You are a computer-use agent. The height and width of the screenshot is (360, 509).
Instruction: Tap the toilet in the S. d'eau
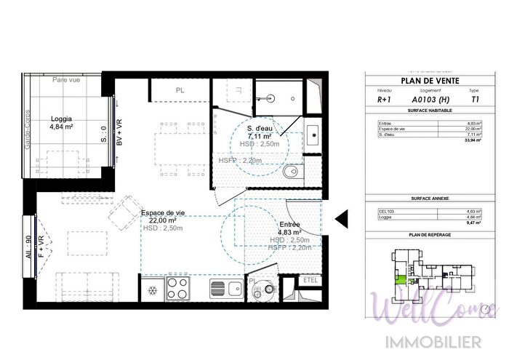click(292, 172)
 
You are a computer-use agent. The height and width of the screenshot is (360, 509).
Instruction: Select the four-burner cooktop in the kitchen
click(179, 289)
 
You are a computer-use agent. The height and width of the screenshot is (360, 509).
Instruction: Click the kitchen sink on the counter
click(226, 289)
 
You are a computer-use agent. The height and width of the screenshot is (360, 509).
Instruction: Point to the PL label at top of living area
click(180, 90)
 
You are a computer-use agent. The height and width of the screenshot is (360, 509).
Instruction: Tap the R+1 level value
click(384, 100)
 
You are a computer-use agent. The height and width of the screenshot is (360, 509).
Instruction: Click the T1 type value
click(476, 100)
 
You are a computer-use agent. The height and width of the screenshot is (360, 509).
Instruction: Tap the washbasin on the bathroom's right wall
click(313, 135)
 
